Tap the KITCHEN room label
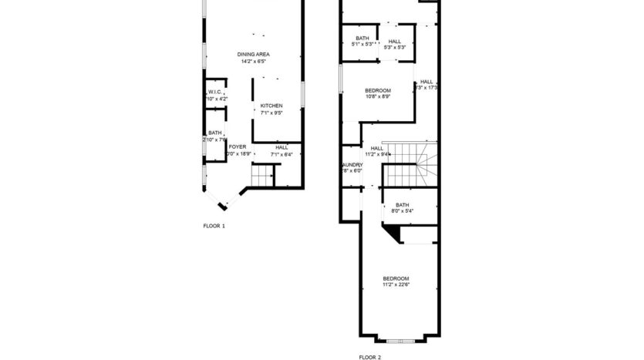click(271, 106)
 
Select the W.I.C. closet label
click(215, 92)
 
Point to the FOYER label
click(238, 146)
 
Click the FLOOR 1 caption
click(214, 226)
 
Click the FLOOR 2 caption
click(369, 357)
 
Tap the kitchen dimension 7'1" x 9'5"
click(271, 113)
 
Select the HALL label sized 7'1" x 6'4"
click(282, 146)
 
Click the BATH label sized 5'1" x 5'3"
click(362, 38)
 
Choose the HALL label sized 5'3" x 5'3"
click(395, 41)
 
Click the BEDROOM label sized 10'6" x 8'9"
click(378, 90)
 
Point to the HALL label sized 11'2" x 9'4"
click(377, 148)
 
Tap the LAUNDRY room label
click(352, 164)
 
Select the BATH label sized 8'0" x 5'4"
click(403, 204)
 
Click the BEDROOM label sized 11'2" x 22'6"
click(396, 278)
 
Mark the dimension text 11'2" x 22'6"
click(396, 285)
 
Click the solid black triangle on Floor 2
click(394, 233)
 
